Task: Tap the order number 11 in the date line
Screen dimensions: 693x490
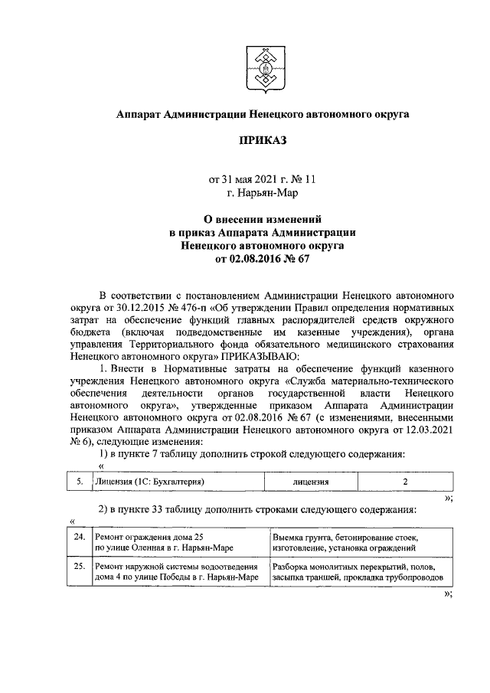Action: [309, 180]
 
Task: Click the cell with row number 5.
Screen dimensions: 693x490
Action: [78, 482]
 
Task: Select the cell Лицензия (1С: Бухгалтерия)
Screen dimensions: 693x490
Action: [177, 482]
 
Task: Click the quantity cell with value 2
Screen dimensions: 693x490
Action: [405, 482]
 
